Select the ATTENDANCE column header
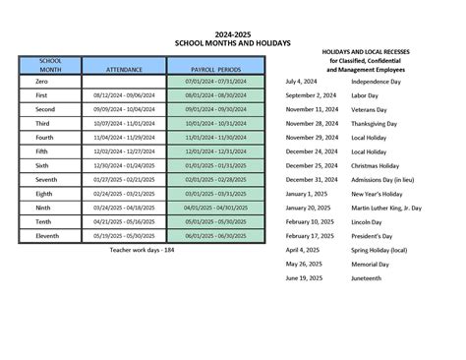(123, 70)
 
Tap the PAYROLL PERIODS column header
(214, 70)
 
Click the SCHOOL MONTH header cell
(50, 66)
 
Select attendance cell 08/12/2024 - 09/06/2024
(123, 95)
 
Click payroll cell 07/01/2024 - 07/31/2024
(214, 82)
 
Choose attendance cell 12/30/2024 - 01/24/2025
(123, 166)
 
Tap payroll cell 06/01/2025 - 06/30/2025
(214, 236)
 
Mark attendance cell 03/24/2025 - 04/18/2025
(123, 209)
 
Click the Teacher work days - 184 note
(142, 251)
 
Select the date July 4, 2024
(302, 81)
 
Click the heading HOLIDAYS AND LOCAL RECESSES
(379, 50)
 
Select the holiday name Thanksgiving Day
(378, 124)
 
